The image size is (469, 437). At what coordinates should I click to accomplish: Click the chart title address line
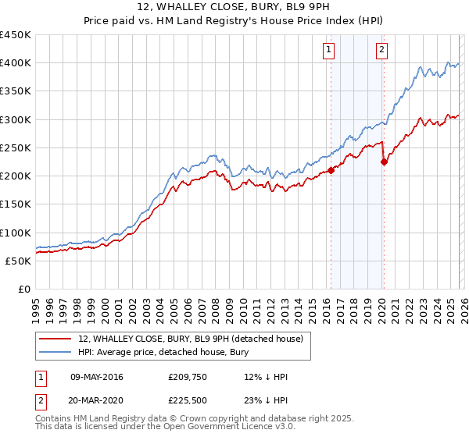click(x=234, y=9)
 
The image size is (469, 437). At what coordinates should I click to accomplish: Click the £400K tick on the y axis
click(x=15, y=63)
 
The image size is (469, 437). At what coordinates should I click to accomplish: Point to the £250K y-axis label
click(x=15, y=147)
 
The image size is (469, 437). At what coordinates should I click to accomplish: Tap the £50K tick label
click(x=18, y=261)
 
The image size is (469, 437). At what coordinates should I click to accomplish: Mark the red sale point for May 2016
click(x=331, y=170)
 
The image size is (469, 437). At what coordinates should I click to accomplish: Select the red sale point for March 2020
click(x=384, y=162)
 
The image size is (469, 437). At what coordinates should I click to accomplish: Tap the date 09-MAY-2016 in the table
click(x=97, y=377)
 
